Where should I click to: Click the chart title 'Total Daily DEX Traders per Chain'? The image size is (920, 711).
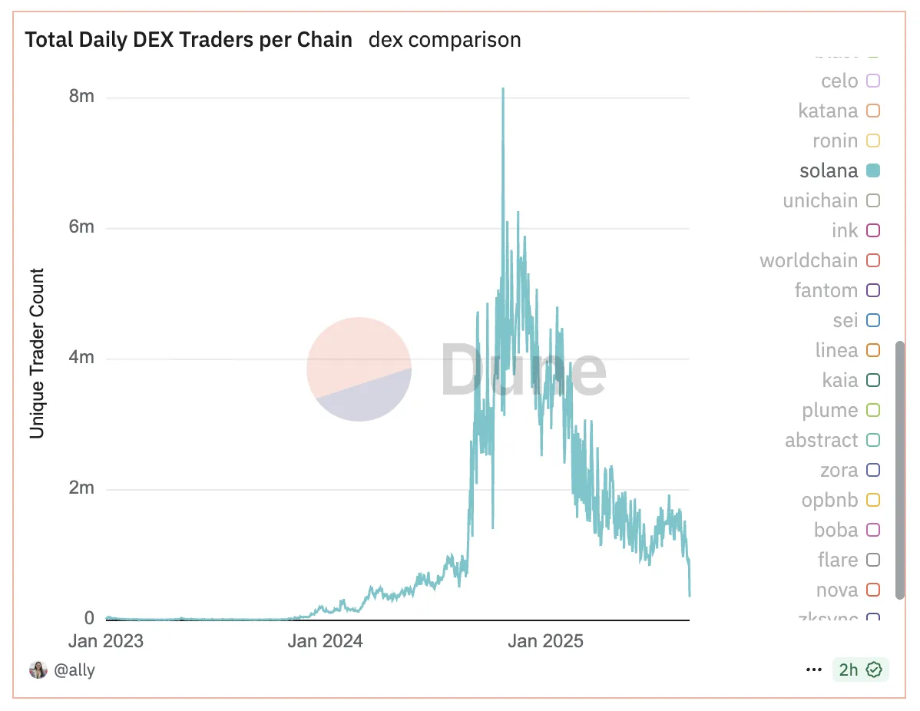(x=188, y=40)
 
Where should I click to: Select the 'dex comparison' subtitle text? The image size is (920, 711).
(x=445, y=40)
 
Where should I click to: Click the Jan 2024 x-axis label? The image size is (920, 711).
(x=325, y=641)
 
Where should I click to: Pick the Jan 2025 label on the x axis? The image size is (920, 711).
(x=545, y=641)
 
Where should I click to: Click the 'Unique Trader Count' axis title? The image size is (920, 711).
(x=37, y=353)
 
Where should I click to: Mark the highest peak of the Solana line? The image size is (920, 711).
(x=503, y=89)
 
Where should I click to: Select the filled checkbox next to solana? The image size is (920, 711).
(x=872, y=170)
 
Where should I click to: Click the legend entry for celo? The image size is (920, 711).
(x=839, y=81)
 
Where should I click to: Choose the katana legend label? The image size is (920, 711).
(x=828, y=111)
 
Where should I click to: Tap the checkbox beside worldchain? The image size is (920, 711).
(x=872, y=260)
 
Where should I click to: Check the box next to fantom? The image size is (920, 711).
(x=872, y=290)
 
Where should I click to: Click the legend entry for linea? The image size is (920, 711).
(x=836, y=350)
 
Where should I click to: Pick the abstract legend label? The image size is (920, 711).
(x=821, y=440)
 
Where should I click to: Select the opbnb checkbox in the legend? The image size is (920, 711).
(x=872, y=500)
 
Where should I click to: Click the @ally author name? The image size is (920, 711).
(x=74, y=670)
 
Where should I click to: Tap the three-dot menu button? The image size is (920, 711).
(x=814, y=670)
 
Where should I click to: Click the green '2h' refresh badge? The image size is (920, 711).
(x=860, y=670)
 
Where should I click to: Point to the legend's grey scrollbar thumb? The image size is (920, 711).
(x=900, y=470)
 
